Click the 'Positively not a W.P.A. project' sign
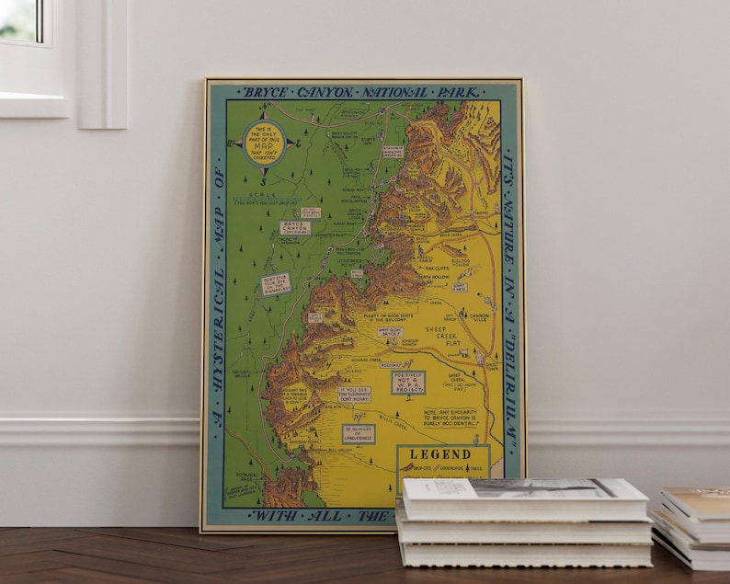(x=408, y=382)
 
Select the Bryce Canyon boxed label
(x=294, y=227)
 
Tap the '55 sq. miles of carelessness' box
(x=359, y=434)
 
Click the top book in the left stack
(x=524, y=497)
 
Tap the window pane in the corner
(x=20, y=20)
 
